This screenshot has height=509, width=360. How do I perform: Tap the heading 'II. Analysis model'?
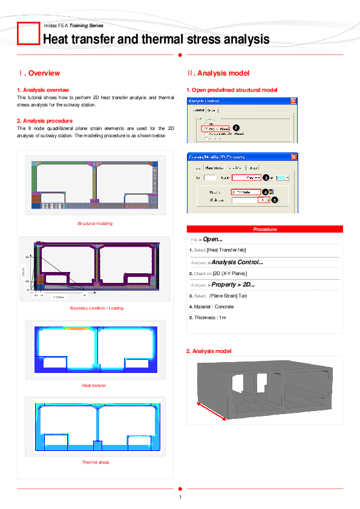[218, 73]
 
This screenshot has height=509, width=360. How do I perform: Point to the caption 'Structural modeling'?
[94, 224]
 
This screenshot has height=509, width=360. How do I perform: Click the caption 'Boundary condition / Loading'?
[96, 308]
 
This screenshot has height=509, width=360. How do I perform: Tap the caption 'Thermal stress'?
[96, 462]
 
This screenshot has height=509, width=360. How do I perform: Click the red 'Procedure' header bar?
[265, 229]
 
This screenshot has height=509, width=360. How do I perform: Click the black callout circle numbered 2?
[235, 127]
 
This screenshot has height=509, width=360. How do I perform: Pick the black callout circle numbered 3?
[266, 178]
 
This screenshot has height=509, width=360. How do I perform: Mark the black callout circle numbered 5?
[273, 199]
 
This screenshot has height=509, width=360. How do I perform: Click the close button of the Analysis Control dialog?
[293, 101]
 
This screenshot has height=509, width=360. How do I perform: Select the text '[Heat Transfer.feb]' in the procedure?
[226, 250]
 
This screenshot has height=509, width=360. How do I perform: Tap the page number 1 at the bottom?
[180, 498]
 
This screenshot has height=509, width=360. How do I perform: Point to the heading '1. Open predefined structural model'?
[232, 90]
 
